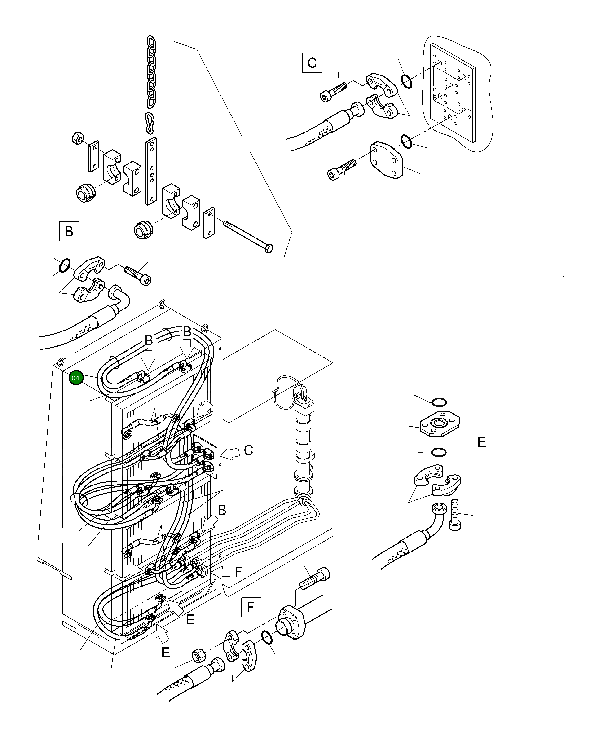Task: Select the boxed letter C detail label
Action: (x=312, y=63)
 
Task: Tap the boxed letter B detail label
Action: (x=69, y=231)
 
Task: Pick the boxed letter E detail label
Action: (x=482, y=442)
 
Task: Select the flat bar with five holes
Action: (x=151, y=171)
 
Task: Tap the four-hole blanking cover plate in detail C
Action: (x=387, y=160)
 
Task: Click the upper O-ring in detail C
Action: (x=406, y=81)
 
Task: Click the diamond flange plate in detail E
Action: (x=439, y=424)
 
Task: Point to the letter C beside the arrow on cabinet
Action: (x=248, y=450)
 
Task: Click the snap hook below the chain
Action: (x=150, y=123)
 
